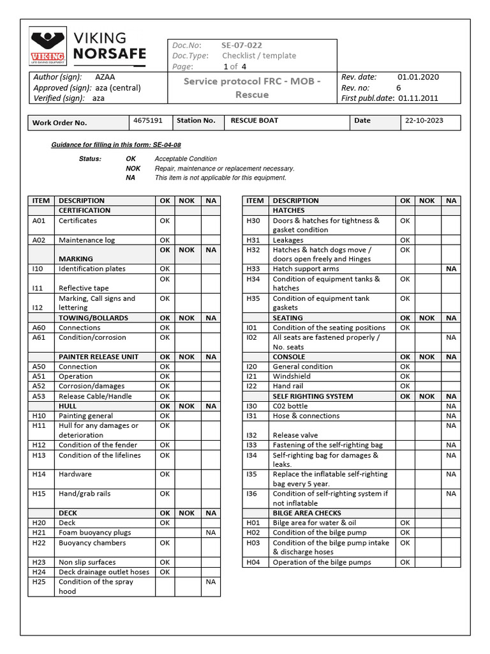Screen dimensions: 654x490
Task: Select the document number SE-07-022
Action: pyautogui.click(x=241, y=45)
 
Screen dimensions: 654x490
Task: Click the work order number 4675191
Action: pyautogui.click(x=148, y=120)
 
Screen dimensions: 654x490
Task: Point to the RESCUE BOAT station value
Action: pyautogui.click(x=254, y=120)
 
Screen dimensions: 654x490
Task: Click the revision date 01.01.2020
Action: pyautogui.click(x=418, y=77)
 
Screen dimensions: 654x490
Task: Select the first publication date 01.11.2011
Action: pyautogui.click(x=419, y=98)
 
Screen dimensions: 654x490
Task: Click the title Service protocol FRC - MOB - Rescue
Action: pyautogui.click(x=252, y=87)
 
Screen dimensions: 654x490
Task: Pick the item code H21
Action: pyautogui.click(x=39, y=533)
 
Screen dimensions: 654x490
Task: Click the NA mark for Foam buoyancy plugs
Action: pyautogui.click(x=210, y=533)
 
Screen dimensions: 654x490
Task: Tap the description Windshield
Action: pyautogui.click(x=292, y=376)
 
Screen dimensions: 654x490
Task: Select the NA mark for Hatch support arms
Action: pyautogui.click(x=451, y=269)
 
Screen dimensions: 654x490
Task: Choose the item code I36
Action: pyautogui.click(x=252, y=494)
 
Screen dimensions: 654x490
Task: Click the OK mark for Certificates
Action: pyautogui.click(x=165, y=220)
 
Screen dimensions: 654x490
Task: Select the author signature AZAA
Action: pyautogui.click(x=105, y=77)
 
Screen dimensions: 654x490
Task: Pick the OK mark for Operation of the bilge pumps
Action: pyautogui.click(x=405, y=562)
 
